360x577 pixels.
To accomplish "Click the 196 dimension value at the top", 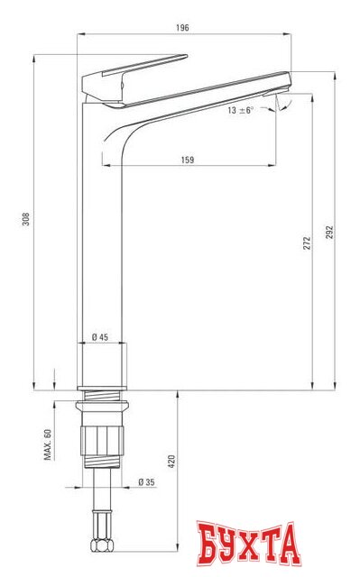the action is coord(182,28).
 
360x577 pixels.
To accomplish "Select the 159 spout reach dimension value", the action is coord(188,160).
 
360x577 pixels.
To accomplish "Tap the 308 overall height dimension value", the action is coord(26,219).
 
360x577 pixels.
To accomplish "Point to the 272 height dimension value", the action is coord(307,243).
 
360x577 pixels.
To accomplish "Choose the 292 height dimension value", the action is coord(329,233).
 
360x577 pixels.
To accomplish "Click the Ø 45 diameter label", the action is coord(100,336).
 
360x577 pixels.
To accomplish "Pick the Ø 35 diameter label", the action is coord(146,481).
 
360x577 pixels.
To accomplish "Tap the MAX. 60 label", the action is coord(48,444).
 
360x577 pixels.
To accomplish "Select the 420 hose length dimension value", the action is coord(171,462).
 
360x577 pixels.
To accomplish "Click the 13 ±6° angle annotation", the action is coord(241,110).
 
